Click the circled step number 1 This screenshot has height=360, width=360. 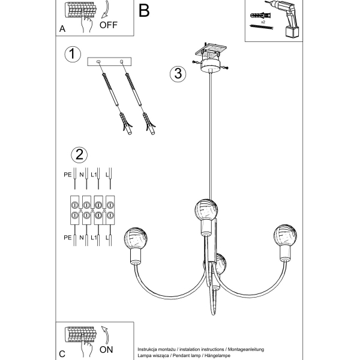(x=72, y=55)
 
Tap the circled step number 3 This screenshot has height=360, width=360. (x=176, y=74)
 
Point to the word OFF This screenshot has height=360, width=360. (x=109, y=25)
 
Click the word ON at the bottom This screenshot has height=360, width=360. (x=107, y=348)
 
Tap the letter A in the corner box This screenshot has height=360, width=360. (x=62, y=29)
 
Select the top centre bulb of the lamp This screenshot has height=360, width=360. (x=206, y=209)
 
